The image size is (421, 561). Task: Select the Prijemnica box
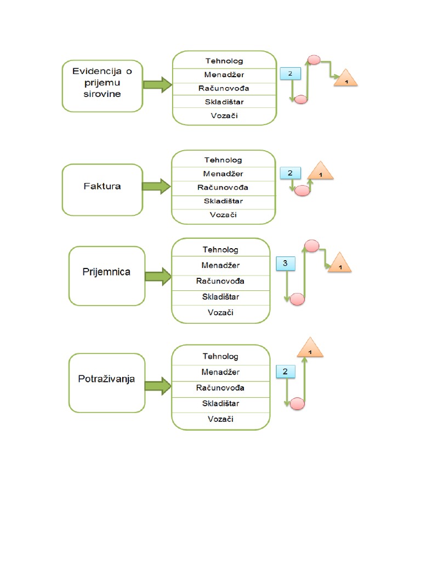[107, 276]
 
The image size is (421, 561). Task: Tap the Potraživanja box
[107, 382]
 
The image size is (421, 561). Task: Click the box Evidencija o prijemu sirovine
[101, 86]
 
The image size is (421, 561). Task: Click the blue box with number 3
[285, 264]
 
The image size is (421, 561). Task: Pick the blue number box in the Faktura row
[290, 174]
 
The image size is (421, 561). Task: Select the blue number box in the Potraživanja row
[285, 372]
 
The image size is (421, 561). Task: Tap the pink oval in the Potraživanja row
[297, 404]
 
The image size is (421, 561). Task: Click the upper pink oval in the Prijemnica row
[312, 246]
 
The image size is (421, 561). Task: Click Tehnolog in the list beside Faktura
[223, 160]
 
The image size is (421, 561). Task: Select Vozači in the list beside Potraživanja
[221, 419]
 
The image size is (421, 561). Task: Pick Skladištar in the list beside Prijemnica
[221, 296]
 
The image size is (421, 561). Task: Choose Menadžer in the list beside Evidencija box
[224, 75]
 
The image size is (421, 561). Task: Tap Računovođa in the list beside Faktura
[223, 187]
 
